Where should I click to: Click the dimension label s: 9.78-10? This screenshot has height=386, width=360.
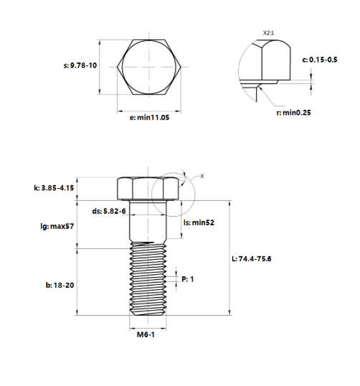coord(80,65)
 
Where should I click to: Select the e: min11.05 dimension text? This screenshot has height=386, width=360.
coord(149,118)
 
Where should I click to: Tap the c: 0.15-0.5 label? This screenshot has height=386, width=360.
coord(320,60)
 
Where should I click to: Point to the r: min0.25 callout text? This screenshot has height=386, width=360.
coord(293,113)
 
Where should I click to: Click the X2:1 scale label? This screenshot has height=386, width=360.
coord(268,33)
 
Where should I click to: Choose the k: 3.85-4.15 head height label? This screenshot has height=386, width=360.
coord(54,188)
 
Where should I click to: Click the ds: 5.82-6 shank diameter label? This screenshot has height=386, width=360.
coord(109,211)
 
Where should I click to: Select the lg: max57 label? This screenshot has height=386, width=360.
coord(57,226)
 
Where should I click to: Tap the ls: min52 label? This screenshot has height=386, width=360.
coord(199,222)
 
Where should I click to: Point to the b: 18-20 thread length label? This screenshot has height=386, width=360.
coord(60,285)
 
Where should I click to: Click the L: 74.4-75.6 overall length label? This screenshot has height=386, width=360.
coord(252,259)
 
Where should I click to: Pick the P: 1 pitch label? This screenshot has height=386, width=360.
coord(188,279)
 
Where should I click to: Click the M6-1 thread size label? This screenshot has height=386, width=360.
coord(146,334)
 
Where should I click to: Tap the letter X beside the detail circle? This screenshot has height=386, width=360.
coord(202,176)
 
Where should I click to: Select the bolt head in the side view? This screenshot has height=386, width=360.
coord(148,188)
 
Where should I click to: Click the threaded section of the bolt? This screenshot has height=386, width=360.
coord(148,278)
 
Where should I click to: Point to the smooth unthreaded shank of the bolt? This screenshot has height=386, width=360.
coord(148,221)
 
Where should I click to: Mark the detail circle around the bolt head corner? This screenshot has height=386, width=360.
coord(152,194)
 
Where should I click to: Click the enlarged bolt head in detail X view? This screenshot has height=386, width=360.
coord(275,60)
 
